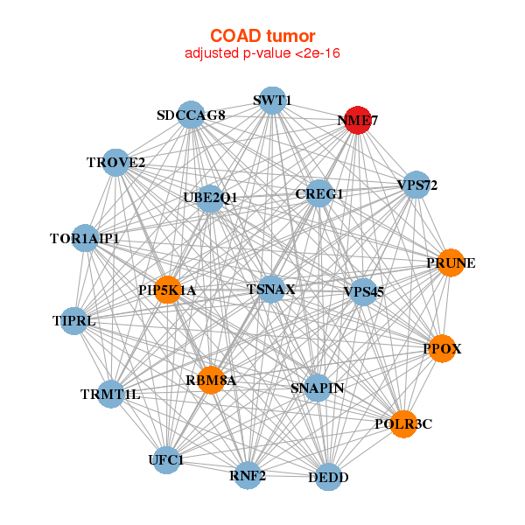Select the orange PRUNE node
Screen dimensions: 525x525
pos(450,262)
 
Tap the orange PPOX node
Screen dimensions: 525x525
pos(442,349)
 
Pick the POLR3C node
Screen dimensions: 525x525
pos(402,424)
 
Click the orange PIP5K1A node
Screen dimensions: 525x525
pos(167,290)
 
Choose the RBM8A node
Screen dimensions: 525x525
pos(210,380)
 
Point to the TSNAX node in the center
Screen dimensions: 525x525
pos(271,290)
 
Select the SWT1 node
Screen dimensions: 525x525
pos(272,100)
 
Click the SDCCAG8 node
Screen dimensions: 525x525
pos(191,115)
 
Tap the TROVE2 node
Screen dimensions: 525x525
pos(115,162)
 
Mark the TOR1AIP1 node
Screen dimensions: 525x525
pos(85,237)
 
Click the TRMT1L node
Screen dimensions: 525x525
pos(110,394)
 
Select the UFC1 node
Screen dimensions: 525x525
pos(166,459)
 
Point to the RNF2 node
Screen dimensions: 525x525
pos(248,475)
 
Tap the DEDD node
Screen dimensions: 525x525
pos(328,477)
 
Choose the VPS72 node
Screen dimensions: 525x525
pos(416,185)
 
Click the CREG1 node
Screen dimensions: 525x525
pos(319,193)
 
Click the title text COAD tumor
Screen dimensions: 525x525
pos(262,37)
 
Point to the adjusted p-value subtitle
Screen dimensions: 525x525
pos(262,53)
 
